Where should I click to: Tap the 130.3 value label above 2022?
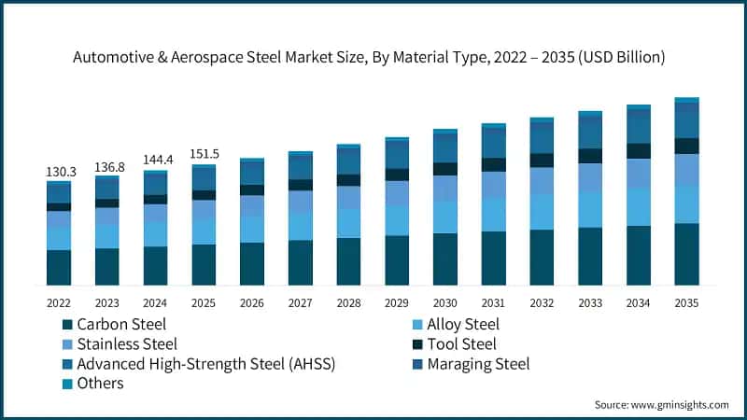[59, 173]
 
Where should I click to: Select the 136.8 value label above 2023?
[107, 167]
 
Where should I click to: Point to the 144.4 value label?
[156, 161]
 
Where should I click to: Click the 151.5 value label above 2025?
[204, 154]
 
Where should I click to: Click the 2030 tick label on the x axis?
[445, 303]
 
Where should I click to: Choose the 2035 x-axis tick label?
[686, 303]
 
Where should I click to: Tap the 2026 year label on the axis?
[252, 303]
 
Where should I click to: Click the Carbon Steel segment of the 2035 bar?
[686, 254]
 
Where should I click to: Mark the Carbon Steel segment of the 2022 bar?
[59, 267]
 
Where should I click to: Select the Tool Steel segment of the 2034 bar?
[639, 150]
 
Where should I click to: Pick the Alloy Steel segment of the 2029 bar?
[397, 220]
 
